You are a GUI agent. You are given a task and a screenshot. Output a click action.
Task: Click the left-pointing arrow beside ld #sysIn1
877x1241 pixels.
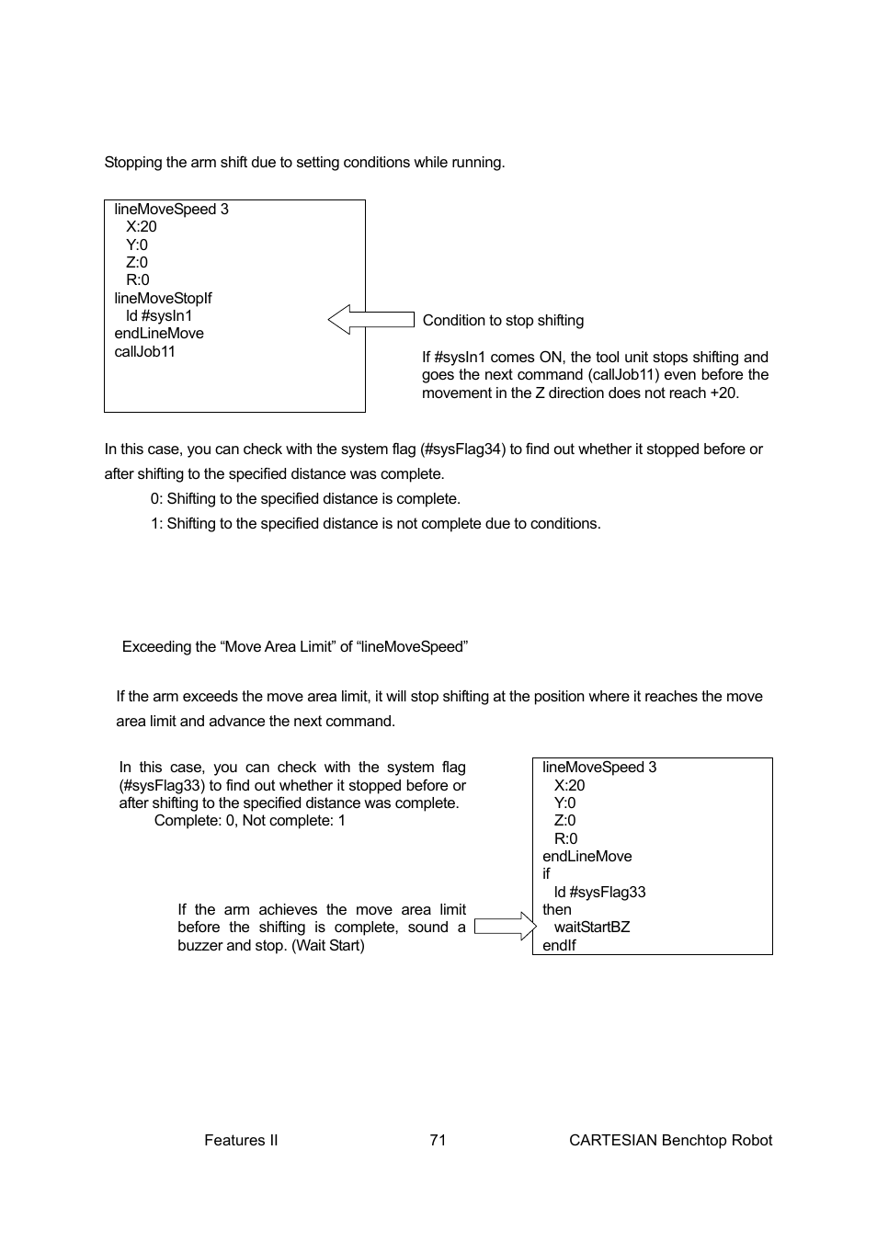(370, 320)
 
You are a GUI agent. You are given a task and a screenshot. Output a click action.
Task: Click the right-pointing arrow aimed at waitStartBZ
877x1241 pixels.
(506, 927)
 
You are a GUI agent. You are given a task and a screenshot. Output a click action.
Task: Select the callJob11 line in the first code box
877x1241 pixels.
(144, 351)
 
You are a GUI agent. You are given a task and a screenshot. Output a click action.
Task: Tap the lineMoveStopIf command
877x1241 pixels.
(163, 298)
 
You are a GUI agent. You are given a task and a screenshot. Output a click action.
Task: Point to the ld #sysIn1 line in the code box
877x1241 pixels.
(159, 315)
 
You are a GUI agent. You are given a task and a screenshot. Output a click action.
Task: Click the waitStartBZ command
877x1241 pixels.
(591, 927)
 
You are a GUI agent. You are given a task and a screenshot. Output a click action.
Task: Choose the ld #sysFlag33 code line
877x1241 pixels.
(599, 892)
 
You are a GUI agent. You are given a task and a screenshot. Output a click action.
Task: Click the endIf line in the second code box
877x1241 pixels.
(559, 945)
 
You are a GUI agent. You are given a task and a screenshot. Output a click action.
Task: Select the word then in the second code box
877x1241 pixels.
(556, 909)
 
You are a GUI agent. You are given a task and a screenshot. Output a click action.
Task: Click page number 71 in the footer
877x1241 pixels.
(438, 1140)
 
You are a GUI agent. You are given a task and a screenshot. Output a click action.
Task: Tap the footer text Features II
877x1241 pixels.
(241, 1140)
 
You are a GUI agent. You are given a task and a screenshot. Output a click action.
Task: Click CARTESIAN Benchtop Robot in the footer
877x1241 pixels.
(670, 1140)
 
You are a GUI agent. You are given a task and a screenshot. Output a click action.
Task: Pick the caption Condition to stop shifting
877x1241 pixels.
(503, 320)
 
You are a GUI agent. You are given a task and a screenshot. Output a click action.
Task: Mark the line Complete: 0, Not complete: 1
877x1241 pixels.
(250, 820)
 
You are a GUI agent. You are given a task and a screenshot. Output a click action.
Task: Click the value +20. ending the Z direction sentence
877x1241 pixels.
(723, 393)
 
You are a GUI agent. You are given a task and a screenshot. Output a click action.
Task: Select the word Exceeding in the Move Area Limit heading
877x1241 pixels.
(154, 646)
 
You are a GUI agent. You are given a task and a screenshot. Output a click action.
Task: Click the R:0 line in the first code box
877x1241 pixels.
(137, 279)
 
